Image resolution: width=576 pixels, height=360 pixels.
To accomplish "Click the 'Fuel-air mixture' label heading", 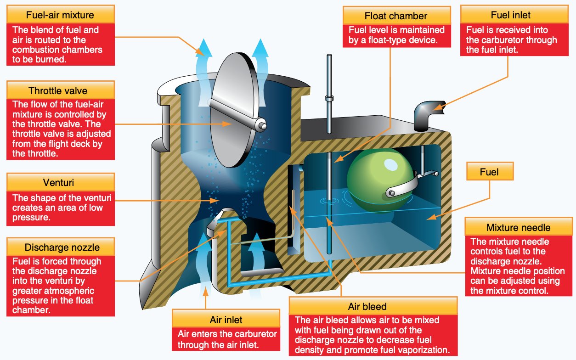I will pos(61,15).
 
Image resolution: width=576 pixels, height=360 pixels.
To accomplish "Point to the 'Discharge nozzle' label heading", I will pos(60,247).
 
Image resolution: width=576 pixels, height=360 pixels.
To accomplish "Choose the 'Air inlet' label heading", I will pos(226,319).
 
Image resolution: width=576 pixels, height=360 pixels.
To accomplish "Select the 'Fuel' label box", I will pos(489,172).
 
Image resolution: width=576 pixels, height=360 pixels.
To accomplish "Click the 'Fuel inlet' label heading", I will pos(510,15).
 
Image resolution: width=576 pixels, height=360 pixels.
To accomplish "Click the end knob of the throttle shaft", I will pos(262,124).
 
